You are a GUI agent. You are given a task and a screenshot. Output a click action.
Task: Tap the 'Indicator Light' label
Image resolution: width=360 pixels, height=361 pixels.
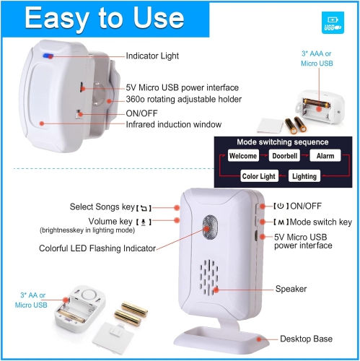click(x=152, y=56)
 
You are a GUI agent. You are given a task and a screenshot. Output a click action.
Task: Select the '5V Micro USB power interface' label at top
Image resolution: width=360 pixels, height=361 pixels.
click(x=183, y=87)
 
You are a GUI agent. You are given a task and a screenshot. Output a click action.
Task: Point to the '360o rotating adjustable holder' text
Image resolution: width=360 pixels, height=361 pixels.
click(x=183, y=99)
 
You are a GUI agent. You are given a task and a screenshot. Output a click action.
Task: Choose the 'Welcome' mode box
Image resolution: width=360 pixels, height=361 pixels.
click(x=243, y=155)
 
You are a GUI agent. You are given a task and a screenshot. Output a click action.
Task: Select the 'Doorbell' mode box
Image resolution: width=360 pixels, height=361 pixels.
click(x=284, y=155)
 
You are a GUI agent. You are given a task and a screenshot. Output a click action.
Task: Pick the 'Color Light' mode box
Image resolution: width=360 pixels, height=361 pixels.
click(x=258, y=175)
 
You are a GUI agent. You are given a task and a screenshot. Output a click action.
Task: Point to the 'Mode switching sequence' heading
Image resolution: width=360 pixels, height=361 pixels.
click(x=282, y=142)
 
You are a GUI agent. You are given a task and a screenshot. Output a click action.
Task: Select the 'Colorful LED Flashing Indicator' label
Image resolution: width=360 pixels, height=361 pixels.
click(x=98, y=248)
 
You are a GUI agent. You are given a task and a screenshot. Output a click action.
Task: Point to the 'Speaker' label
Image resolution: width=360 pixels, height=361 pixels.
click(x=291, y=289)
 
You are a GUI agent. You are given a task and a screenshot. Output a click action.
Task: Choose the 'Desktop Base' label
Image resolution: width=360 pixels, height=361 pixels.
click(x=305, y=339)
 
